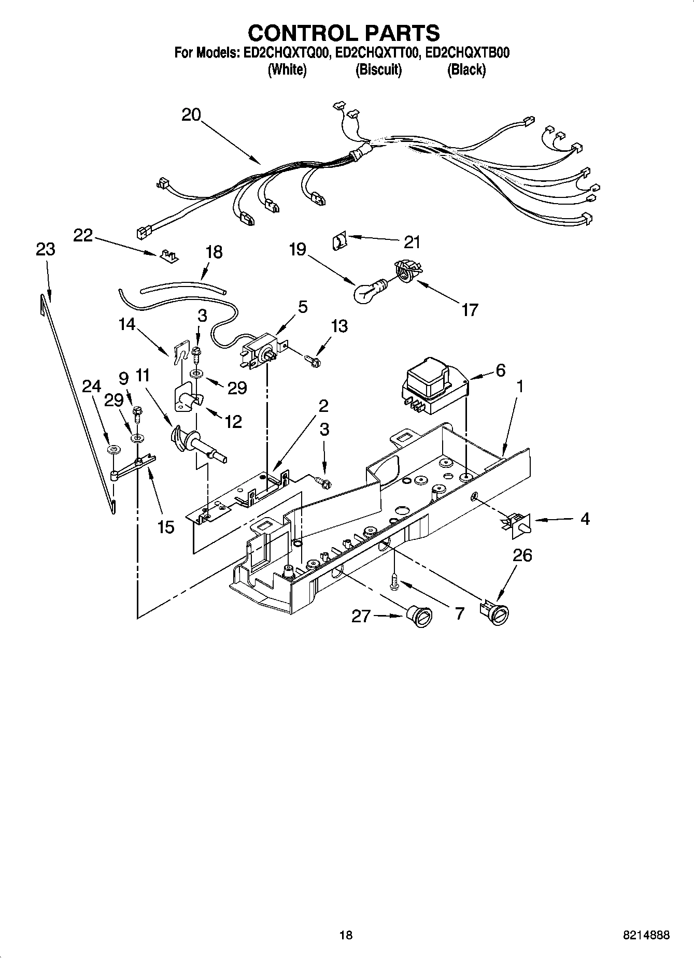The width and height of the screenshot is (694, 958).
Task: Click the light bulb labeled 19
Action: click(365, 293)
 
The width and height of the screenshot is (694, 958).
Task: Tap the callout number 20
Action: click(191, 115)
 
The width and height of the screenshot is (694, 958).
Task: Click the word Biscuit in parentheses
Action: click(378, 69)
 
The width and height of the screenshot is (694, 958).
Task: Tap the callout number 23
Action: click(46, 249)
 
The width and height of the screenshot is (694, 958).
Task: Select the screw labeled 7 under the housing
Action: click(394, 580)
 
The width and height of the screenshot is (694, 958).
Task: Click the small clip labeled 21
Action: click(339, 241)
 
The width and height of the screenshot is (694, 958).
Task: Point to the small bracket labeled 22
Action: click(167, 256)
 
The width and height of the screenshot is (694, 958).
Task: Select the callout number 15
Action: click(166, 527)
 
